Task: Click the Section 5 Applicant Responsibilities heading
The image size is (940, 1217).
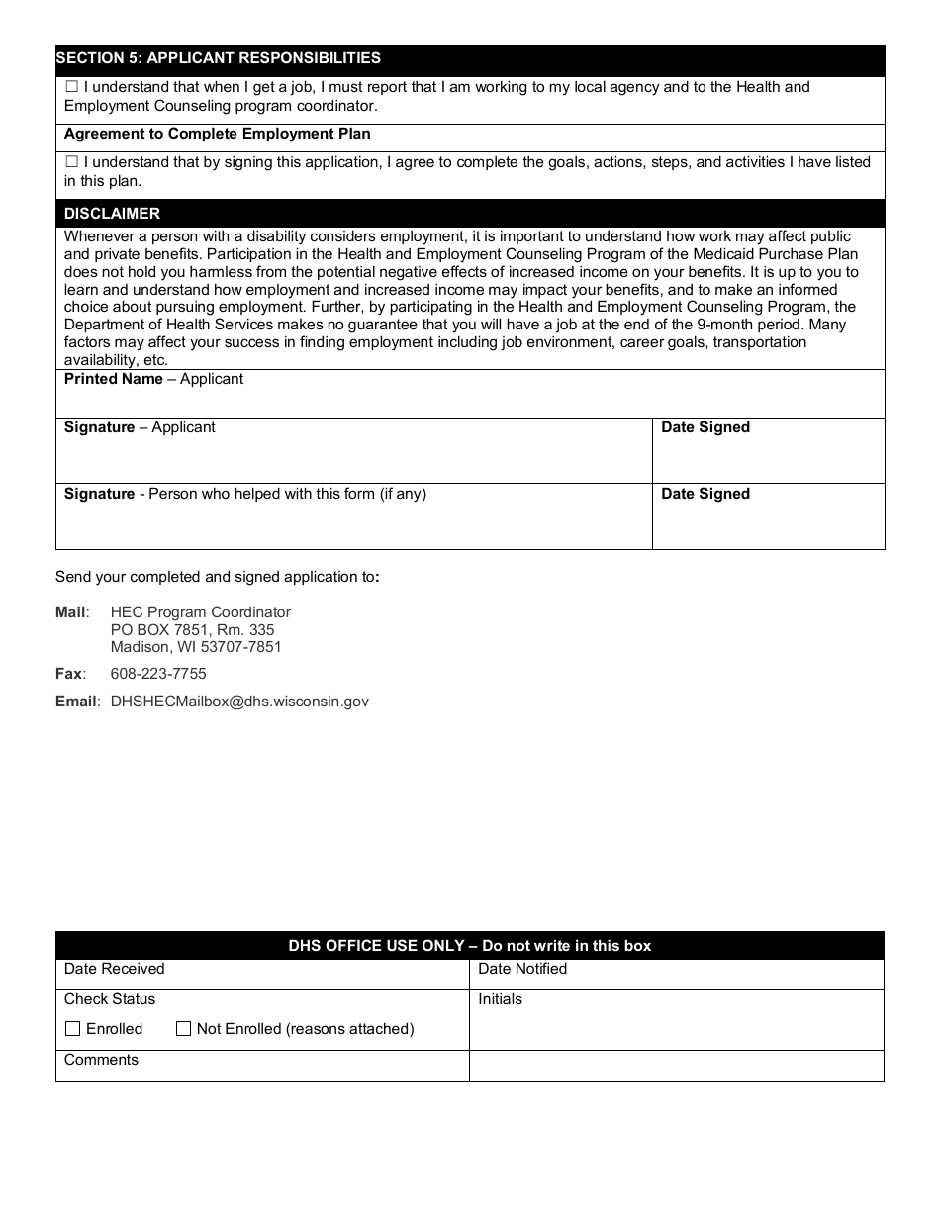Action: tap(218, 58)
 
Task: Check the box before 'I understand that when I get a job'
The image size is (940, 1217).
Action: tap(71, 87)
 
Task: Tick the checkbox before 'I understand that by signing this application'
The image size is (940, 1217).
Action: tap(71, 162)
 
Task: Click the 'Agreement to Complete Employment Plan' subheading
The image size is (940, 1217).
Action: tap(217, 134)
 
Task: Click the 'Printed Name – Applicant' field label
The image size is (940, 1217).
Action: tap(153, 379)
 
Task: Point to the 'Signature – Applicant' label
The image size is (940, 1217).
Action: tap(140, 427)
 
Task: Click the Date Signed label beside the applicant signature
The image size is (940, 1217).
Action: tap(705, 427)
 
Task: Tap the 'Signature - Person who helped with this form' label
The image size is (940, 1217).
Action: tap(244, 494)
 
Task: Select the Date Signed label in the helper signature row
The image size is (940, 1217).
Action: tap(705, 494)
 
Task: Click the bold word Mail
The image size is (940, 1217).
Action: tap(70, 612)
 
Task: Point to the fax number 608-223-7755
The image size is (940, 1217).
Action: tap(158, 674)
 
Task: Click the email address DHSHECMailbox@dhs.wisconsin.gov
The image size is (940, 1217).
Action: tap(239, 702)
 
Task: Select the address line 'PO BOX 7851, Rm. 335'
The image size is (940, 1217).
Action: tap(192, 630)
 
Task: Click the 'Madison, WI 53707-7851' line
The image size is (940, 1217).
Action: tap(196, 647)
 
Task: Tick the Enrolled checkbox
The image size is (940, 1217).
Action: tap(72, 1029)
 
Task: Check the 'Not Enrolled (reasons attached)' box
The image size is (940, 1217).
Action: tap(183, 1029)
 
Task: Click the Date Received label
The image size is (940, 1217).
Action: tap(114, 969)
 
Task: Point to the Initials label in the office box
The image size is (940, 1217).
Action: tap(500, 999)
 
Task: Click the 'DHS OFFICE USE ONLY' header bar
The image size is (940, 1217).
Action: tap(469, 946)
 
